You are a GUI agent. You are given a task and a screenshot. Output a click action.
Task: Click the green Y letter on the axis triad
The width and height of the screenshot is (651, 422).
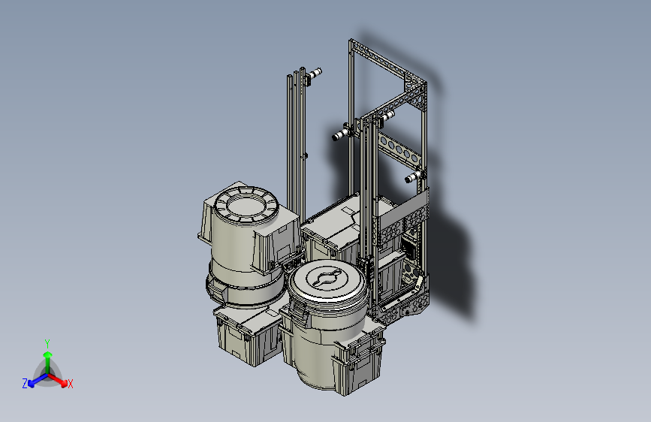[47, 344]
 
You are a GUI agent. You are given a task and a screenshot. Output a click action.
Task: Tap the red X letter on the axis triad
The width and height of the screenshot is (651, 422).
[70, 384]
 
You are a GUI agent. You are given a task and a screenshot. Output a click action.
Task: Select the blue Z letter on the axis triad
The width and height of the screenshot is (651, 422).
[25, 384]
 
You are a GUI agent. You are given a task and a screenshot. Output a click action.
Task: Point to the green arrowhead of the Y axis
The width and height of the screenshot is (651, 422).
[48, 354]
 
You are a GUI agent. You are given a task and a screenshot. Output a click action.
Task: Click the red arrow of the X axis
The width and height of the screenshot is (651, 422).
[57, 378]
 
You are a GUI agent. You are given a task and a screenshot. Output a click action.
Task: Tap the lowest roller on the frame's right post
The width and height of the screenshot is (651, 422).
[414, 176]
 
